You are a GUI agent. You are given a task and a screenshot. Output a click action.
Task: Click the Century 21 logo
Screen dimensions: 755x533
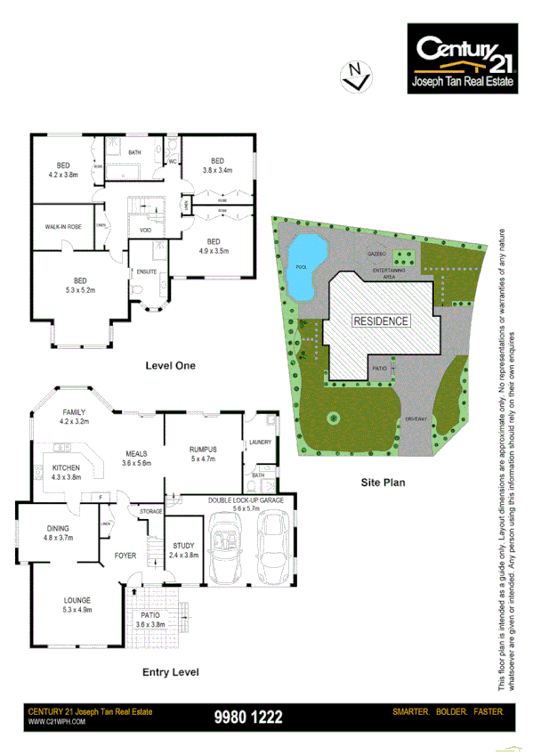[x=462, y=60]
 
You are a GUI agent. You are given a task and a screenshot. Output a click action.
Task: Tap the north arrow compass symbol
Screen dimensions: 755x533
[x=356, y=76]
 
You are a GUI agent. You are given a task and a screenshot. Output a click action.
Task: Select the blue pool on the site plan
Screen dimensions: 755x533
[x=304, y=266]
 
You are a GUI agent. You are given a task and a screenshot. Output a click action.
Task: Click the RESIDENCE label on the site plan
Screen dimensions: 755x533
[x=380, y=321]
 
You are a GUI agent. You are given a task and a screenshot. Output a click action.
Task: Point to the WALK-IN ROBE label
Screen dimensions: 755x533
[x=64, y=227]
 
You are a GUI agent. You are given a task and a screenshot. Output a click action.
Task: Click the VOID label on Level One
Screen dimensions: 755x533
[x=145, y=231]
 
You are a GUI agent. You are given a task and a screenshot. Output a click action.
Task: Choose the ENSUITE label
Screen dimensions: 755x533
[x=146, y=271]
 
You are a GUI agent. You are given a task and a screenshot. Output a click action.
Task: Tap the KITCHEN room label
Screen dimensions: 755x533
[x=67, y=467]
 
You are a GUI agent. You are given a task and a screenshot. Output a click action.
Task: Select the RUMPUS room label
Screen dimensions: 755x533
[x=204, y=450]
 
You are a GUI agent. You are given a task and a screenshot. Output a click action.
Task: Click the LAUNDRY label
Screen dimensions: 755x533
[x=261, y=442]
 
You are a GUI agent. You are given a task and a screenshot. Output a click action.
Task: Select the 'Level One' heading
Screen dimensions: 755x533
[x=170, y=365]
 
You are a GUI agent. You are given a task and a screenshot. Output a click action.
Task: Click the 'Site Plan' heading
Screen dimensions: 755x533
[x=383, y=483]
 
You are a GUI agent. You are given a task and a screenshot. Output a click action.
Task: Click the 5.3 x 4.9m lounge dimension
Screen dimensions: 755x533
[x=77, y=611]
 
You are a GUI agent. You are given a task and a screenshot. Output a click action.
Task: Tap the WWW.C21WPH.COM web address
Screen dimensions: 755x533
[x=56, y=722]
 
